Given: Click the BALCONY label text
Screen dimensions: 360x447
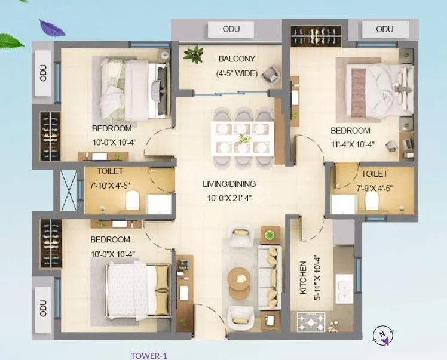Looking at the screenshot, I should (x=237, y=59).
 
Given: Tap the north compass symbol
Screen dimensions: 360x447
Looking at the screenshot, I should (x=382, y=336).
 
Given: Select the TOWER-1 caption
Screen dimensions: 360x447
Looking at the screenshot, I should (x=148, y=356).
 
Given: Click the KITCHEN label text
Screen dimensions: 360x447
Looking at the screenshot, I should (x=304, y=276).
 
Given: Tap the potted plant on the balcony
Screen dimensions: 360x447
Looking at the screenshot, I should (x=193, y=54).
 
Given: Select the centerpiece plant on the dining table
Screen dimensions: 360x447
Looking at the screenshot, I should (x=243, y=139).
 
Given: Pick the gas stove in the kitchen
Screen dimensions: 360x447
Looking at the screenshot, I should (x=311, y=323).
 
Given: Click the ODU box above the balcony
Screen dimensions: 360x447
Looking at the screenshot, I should (x=231, y=29).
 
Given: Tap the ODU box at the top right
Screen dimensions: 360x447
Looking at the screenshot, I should (x=385, y=29).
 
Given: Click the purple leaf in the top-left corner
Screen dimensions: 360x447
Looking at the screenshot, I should (x=51, y=27).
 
